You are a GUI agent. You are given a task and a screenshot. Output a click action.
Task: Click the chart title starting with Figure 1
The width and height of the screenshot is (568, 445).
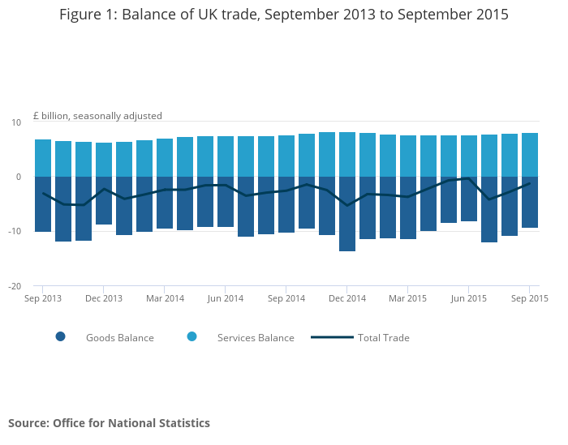[x=284, y=15]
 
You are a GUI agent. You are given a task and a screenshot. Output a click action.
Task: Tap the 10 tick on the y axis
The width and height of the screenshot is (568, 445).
[x=16, y=122]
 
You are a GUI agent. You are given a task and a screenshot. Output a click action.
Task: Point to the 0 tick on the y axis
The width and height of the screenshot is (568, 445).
[x=18, y=177]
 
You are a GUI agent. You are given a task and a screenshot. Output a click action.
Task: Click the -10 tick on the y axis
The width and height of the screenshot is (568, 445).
[x=15, y=232]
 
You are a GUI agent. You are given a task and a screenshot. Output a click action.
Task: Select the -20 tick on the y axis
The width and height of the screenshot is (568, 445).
[x=15, y=286]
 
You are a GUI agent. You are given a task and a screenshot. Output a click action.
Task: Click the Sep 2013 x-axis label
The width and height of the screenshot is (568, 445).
[x=43, y=298]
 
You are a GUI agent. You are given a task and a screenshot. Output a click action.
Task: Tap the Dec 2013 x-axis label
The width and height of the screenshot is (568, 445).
[x=104, y=298]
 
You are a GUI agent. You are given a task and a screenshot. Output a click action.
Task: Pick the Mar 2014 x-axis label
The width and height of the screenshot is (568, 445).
[x=165, y=298]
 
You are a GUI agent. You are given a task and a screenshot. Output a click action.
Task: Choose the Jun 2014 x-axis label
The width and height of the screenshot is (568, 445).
[x=226, y=298]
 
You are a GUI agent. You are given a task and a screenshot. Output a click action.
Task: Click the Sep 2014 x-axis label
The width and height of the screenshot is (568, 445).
[x=286, y=298]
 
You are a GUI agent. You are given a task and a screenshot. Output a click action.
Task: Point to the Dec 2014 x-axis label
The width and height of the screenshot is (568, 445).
[x=347, y=298]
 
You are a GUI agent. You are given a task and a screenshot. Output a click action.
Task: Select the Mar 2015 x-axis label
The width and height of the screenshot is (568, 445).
[x=408, y=298]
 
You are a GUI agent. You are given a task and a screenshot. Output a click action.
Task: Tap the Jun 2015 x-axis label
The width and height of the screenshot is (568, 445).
[x=468, y=298]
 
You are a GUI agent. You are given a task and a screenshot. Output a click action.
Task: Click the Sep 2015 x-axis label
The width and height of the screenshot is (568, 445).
[x=528, y=298]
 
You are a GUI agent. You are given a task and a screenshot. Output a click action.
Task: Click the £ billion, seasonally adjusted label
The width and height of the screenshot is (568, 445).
[x=97, y=116]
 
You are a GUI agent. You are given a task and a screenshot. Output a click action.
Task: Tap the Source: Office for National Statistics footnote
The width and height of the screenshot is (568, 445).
[x=109, y=423]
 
